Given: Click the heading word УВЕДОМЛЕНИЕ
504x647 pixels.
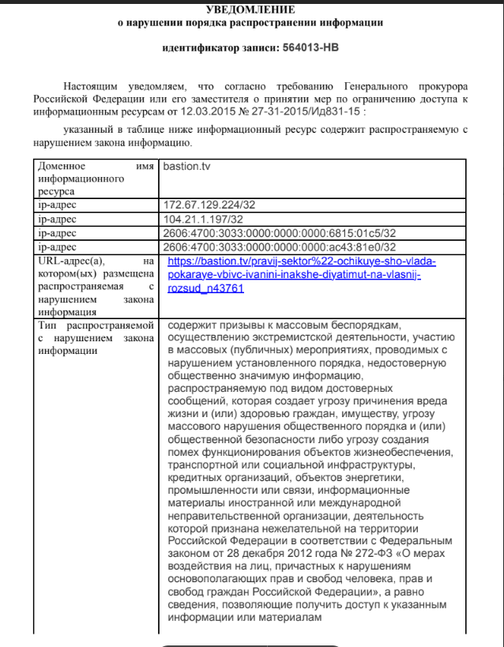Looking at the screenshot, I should click(x=250, y=9).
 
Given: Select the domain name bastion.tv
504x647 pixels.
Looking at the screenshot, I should click(x=186, y=167).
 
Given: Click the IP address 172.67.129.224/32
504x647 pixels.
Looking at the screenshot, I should click(x=209, y=205).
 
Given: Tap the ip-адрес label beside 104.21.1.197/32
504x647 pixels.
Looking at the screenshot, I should click(x=58, y=219).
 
